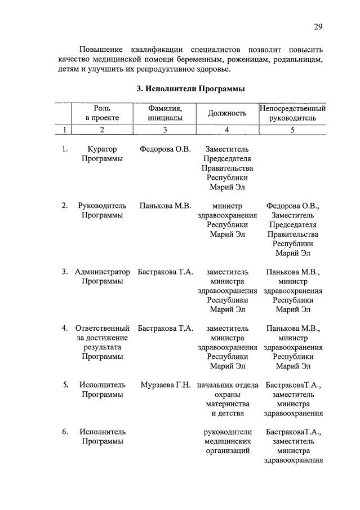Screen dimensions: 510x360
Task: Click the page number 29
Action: [x=318, y=27]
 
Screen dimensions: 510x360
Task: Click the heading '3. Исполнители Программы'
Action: [x=191, y=88]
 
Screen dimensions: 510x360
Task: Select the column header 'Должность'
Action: [x=228, y=113]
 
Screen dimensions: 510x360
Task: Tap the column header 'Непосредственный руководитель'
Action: [x=292, y=113]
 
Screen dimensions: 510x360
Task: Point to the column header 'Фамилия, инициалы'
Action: [x=165, y=113]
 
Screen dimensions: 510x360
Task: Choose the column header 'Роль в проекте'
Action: [x=102, y=113]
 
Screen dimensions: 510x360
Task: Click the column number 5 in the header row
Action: [x=292, y=130]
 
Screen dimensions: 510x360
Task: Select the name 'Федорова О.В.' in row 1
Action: [x=165, y=149]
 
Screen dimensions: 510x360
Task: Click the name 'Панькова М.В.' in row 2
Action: [x=165, y=206]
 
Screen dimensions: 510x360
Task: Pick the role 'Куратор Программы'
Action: [x=102, y=154]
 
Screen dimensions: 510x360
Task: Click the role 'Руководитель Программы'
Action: [x=102, y=210]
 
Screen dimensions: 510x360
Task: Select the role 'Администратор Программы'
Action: [x=102, y=277]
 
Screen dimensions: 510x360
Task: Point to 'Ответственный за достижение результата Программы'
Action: [x=102, y=342]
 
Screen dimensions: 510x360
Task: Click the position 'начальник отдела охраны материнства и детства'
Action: [x=228, y=399]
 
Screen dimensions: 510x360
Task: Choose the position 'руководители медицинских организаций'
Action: [x=228, y=441]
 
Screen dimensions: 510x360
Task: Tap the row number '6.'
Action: [x=65, y=432]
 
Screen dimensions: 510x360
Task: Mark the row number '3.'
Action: [x=65, y=272]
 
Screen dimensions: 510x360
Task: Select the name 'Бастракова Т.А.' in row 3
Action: [x=166, y=272]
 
